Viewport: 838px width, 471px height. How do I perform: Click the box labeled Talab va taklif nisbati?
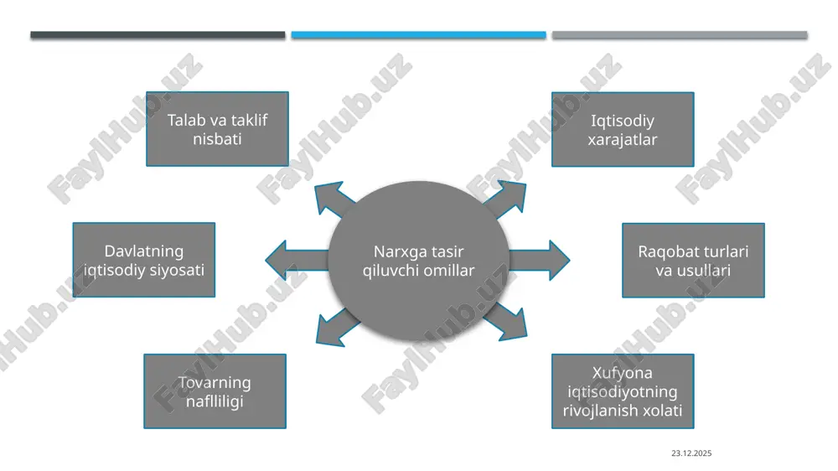tap(218, 129)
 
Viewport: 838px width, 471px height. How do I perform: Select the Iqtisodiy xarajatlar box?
tap(623, 129)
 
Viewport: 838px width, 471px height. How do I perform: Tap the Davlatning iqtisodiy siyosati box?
tap(144, 260)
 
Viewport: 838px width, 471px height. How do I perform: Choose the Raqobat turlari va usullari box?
tap(693, 261)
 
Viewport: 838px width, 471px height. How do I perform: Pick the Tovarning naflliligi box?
tap(215, 391)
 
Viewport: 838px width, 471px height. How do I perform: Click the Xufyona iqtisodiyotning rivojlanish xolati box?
tap(623, 391)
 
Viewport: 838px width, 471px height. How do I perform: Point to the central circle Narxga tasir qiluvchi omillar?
tap(418, 261)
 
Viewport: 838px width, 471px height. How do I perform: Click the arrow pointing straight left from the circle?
tap(297, 260)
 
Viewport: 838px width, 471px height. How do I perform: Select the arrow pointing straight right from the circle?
tap(539, 261)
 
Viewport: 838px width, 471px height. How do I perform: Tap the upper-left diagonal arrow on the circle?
tap(334, 199)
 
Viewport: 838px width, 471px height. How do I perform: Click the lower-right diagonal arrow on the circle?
tap(506, 322)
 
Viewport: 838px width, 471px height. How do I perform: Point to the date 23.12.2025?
tap(691, 453)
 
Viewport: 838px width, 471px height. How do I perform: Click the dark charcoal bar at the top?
tap(158, 34)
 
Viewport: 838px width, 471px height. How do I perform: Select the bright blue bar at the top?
tap(418, 34)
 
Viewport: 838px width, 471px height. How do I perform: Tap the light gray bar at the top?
tap(680, 34)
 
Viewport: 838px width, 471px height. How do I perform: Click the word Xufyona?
tap(622, 373)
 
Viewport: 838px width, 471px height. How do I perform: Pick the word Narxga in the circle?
tap(396, 251)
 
